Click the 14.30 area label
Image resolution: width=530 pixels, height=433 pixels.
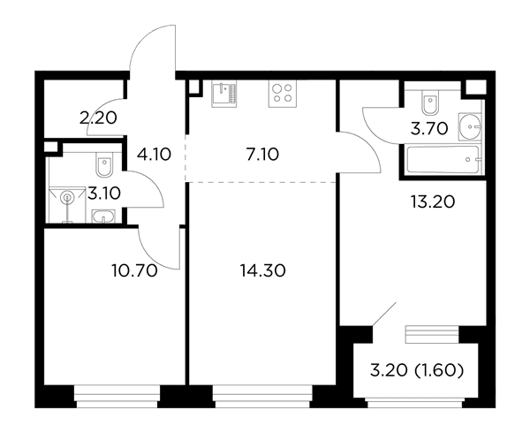[x=262, y=270]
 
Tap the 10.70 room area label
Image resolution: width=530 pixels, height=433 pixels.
[x=134, y=270]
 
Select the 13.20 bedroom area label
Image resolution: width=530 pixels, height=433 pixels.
[x=433, y=201]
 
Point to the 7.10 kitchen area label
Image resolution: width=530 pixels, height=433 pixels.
[x=262, y=155]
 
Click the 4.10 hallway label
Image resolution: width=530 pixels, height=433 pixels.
[x=154, y=155]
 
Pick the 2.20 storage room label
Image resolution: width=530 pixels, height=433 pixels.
[x=98, y=118]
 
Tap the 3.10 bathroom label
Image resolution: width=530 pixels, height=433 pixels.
[x=104, y=194]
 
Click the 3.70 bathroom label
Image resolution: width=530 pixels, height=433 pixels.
[x=429, y=128]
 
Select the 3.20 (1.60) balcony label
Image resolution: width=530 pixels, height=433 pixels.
[x=417, y=371]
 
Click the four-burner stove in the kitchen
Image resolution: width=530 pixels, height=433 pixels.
[x=283, y=94]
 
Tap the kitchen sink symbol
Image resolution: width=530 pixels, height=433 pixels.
[x=224, y=94]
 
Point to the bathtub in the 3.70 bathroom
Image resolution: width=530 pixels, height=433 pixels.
[x=443, y=160]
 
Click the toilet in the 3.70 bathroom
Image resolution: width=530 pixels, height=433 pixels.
[x=430, y=103]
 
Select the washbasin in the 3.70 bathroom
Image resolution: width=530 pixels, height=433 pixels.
[x=470, y=126]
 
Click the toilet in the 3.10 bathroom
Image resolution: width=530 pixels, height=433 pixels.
[x=104, y=164]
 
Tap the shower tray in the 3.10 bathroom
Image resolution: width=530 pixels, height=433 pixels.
[x=67, y=205]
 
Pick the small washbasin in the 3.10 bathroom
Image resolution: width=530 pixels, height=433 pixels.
[x=103, y=216]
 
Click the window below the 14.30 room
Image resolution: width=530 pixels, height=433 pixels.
[x=262, y=396]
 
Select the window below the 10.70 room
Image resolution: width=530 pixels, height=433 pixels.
[x=117, y=396]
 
